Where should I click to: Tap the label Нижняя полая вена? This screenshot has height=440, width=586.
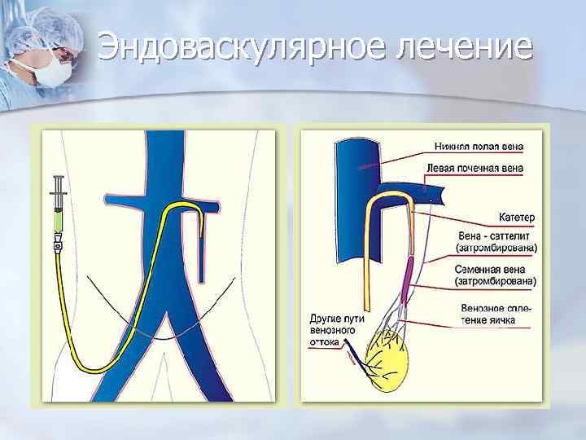(x=476, y=147)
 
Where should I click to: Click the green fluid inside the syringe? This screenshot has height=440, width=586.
(x=59, y=218)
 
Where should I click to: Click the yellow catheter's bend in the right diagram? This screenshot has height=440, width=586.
(x=377, y=200)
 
